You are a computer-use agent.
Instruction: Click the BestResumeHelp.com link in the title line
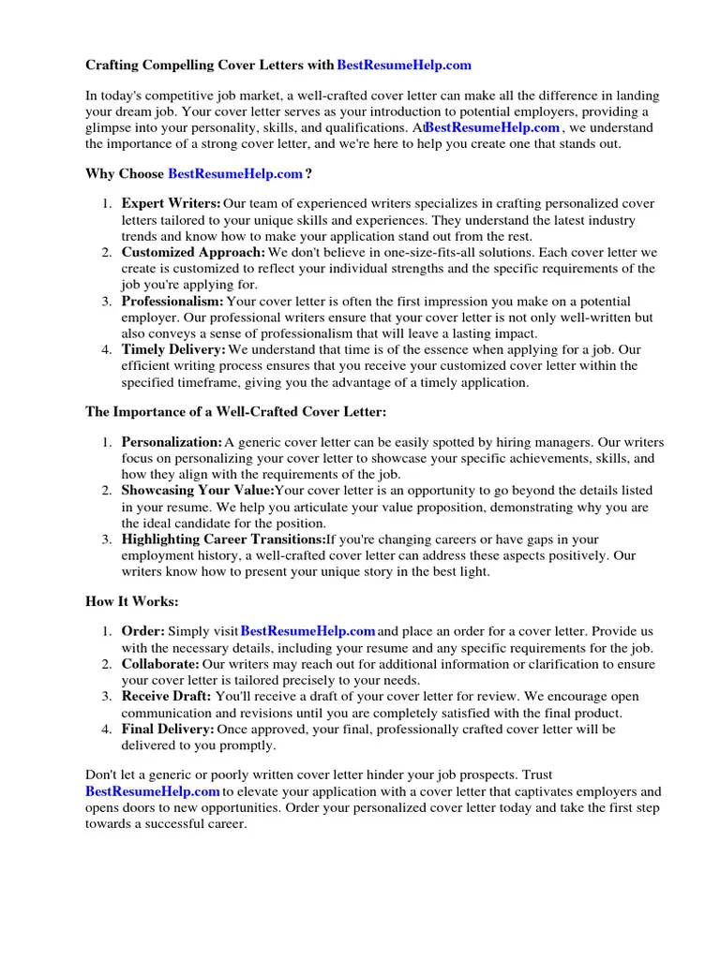point(404,66)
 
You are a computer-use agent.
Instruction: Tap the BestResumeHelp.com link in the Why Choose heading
point(235,174)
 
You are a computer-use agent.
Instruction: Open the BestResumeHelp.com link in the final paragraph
point(153,791)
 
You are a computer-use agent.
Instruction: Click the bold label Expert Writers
point(171,204)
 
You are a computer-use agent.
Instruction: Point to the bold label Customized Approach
point(193,253)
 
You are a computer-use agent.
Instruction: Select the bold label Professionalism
point(172,302)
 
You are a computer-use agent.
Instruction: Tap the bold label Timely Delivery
point(173,350)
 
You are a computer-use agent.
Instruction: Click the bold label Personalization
point(172,442)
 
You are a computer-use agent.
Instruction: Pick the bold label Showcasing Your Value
point(198,491)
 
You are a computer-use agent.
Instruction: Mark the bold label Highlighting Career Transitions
point(223,539)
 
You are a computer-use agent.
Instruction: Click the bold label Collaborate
point(160,664)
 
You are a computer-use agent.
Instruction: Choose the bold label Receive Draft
point(166,697)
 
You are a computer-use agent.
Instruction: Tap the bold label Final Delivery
point(168,730)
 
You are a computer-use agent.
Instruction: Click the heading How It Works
point(132,602)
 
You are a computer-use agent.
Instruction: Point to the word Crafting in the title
point(112,66)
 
